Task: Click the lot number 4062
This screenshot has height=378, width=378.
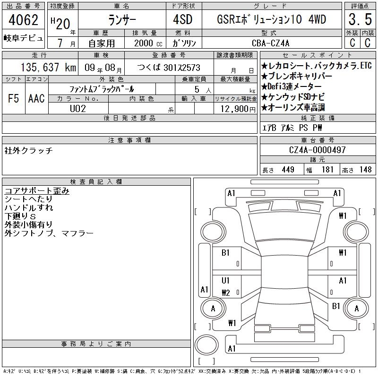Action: point(23,20)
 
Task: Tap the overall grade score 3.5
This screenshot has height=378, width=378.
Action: point(360,19)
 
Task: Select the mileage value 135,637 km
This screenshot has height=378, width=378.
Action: point(48,67)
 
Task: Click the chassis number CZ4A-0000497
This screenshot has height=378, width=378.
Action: point(317,150)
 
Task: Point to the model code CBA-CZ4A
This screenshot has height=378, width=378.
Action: point(270,43)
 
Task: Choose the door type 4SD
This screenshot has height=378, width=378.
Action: point(183,19)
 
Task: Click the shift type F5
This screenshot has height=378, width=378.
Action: point(14,98)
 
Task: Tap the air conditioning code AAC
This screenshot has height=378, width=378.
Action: point(36,98)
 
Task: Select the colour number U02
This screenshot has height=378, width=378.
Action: point(78,109)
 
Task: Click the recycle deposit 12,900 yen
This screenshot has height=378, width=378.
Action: point(238,109)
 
